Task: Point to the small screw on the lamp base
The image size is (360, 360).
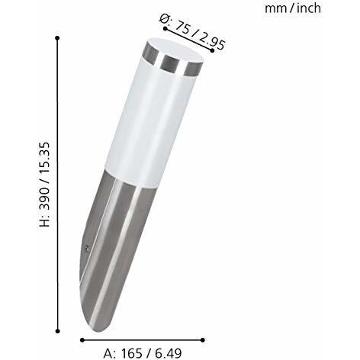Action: (90, 248)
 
